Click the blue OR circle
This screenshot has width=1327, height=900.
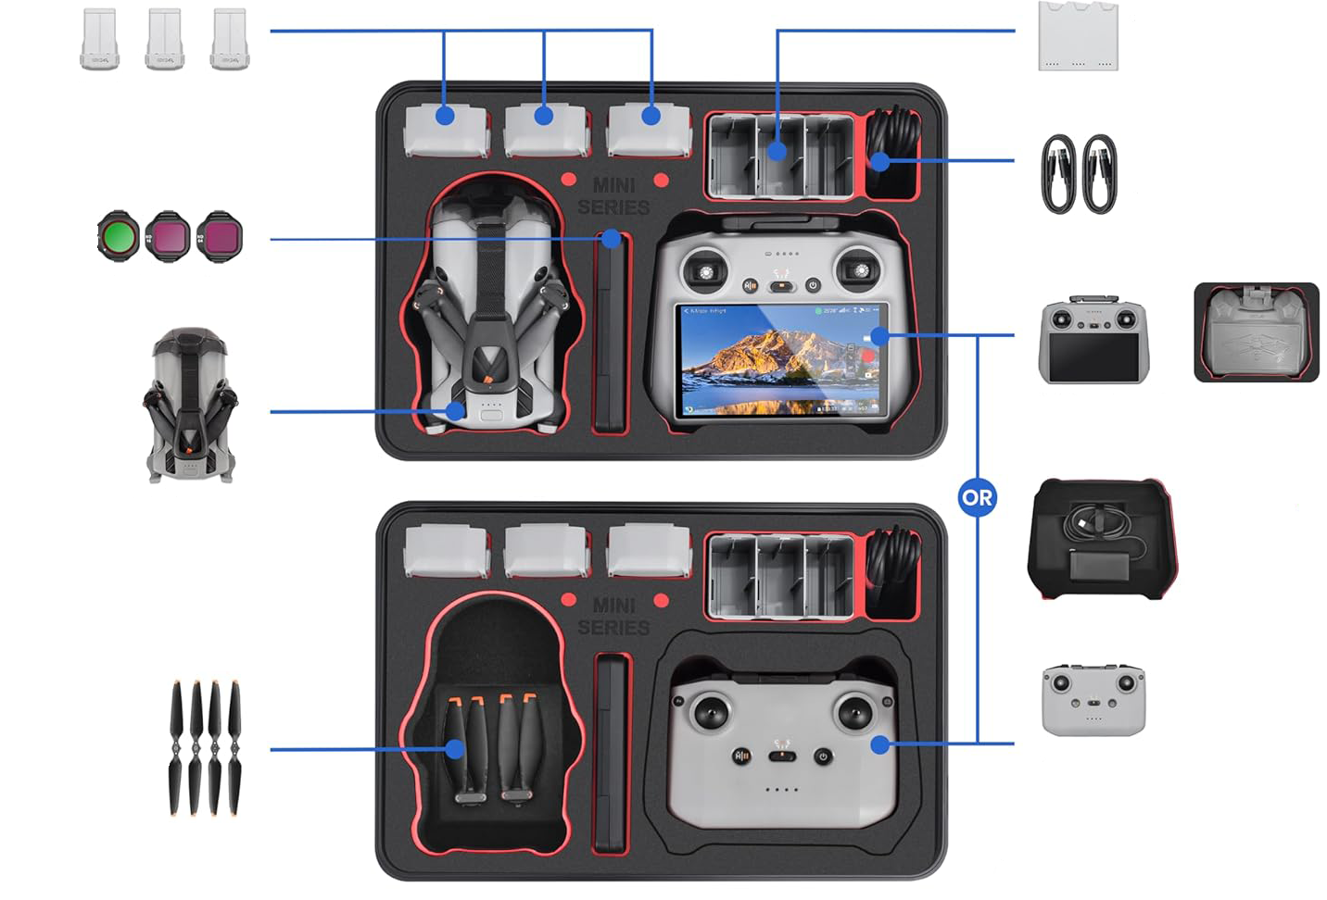click(977, 497)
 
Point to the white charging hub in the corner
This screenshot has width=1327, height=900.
click(1078, 36)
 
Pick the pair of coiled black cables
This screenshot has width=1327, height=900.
click(1079, 174)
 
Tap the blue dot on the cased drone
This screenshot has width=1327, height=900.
click(455, 410)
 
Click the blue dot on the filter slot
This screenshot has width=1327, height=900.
click(611, 239)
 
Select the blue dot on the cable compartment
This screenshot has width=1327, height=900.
click(879, 161)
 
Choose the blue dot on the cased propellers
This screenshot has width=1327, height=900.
click(454, 748)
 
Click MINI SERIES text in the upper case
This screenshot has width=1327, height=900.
click(613, 196)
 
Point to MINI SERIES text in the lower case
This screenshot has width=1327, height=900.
click(613, 616)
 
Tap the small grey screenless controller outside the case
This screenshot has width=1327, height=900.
click(1093, 699)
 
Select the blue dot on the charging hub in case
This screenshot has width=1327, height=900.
click(777, 151)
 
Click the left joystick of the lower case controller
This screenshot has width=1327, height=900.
click(711, 714)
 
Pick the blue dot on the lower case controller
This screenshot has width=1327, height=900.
click(879, 744)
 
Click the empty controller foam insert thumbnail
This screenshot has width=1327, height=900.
click(1256, 331)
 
